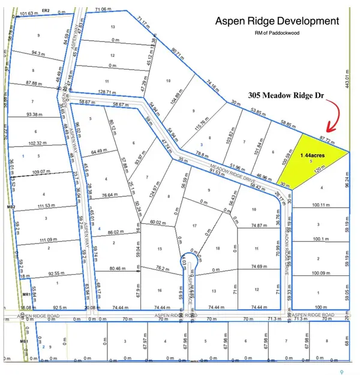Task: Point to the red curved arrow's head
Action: coord(327,130)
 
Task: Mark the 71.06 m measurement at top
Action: coord(104,10)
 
